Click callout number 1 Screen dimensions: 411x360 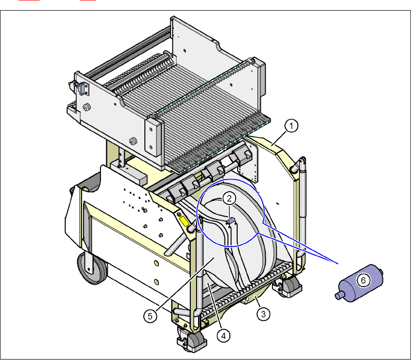click(x=291, y=125)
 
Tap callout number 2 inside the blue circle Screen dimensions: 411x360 click(x=229, y=198)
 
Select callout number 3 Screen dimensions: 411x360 click(x=263, y=314)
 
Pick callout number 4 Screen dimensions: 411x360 click(x=223, y=336)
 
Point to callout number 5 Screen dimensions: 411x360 click(x=150, y=316)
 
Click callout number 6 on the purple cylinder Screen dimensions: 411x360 click(x=363, y=280)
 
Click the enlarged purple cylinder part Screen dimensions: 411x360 click(x=359, y=283)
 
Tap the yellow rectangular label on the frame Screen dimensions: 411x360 click(x=184, y=222)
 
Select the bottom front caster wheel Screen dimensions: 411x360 click(x=191, y=340)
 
